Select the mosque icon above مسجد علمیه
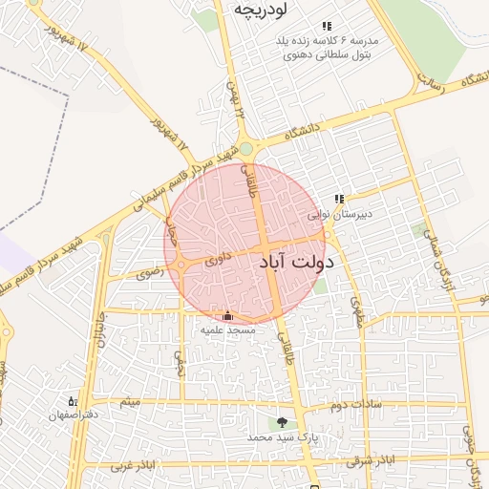point(227,316)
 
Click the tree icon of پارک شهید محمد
point(282,422)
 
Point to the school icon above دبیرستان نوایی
point(339,200)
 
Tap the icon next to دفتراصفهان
point(73,401)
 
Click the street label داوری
point(219,257)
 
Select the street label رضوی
point(150,273)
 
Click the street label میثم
point(129,402)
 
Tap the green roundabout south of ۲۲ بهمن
point(246,148)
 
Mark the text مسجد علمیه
point(227,330)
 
